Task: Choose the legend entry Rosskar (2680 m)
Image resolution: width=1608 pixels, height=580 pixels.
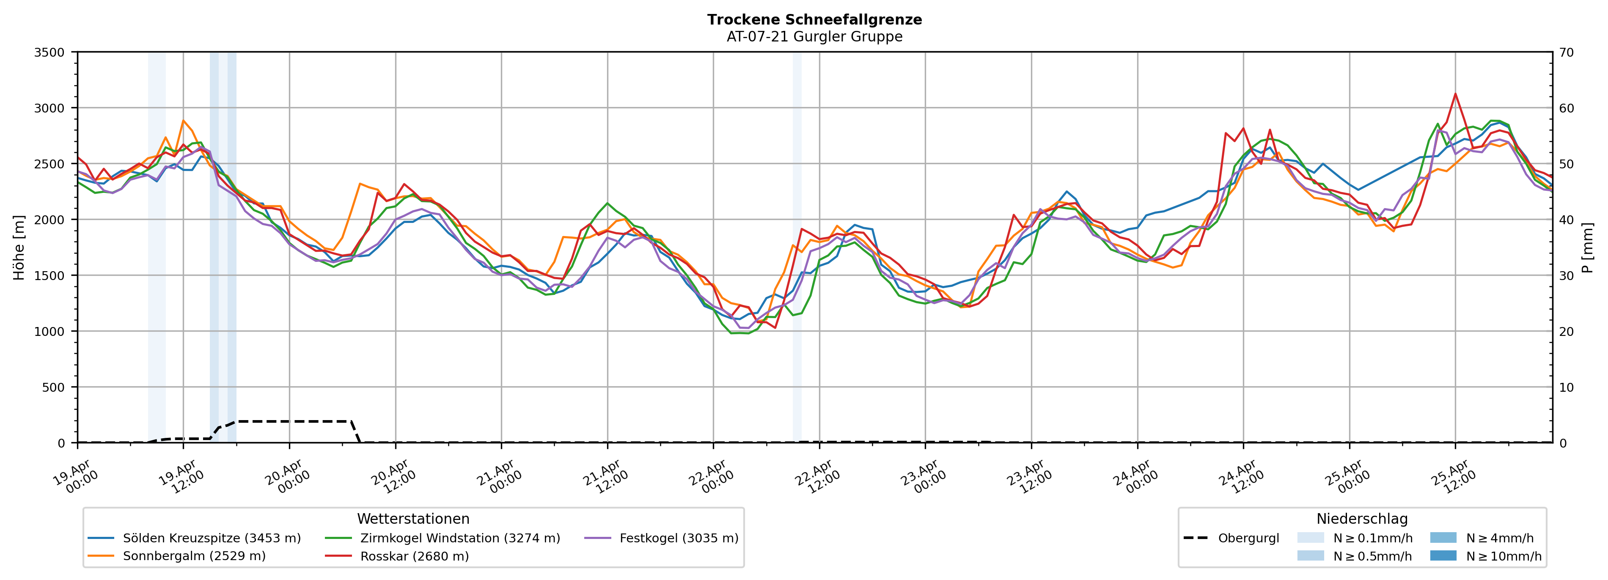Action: point(415,556)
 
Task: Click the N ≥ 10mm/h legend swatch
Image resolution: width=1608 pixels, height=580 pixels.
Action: point(1443,555)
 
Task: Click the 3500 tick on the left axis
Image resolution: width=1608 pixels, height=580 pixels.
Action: point(49,52)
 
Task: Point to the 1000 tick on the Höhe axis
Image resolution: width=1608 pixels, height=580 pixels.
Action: point(49,332)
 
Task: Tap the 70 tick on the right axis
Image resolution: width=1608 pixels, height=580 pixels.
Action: point(1566,52)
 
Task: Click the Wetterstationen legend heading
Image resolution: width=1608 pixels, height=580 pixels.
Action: point(413,519)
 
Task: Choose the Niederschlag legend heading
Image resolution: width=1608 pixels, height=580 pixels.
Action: point(1362,519)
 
